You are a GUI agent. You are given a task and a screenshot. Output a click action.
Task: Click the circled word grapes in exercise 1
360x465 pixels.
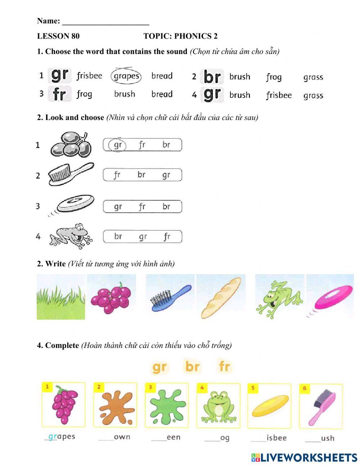pos(126,76)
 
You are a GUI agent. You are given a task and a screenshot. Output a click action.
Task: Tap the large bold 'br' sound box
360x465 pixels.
pos(212,77)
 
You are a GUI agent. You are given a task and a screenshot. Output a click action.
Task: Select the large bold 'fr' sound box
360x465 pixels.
pos(60,94)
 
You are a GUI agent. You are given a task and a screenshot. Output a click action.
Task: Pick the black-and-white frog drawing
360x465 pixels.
pos(71,236)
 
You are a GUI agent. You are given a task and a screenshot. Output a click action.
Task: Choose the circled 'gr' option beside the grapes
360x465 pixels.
pos(118,145)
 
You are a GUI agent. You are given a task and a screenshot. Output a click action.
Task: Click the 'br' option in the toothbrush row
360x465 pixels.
pos(141,175)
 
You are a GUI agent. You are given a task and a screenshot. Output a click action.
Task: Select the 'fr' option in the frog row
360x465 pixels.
pos(167,237)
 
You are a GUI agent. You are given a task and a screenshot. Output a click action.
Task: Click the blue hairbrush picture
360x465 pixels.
pos(171,297)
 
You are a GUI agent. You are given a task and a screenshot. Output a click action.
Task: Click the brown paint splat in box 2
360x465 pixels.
pos(116,406)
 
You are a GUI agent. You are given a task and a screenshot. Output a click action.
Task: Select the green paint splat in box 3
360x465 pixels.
pos(167,406)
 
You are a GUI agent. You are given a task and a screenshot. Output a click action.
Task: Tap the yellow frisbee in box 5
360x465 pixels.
pos(270,406)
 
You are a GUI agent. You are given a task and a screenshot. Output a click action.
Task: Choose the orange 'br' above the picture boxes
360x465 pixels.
pos(192,367)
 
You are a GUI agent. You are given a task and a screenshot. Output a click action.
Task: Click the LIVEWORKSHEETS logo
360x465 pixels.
pos(304,457)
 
